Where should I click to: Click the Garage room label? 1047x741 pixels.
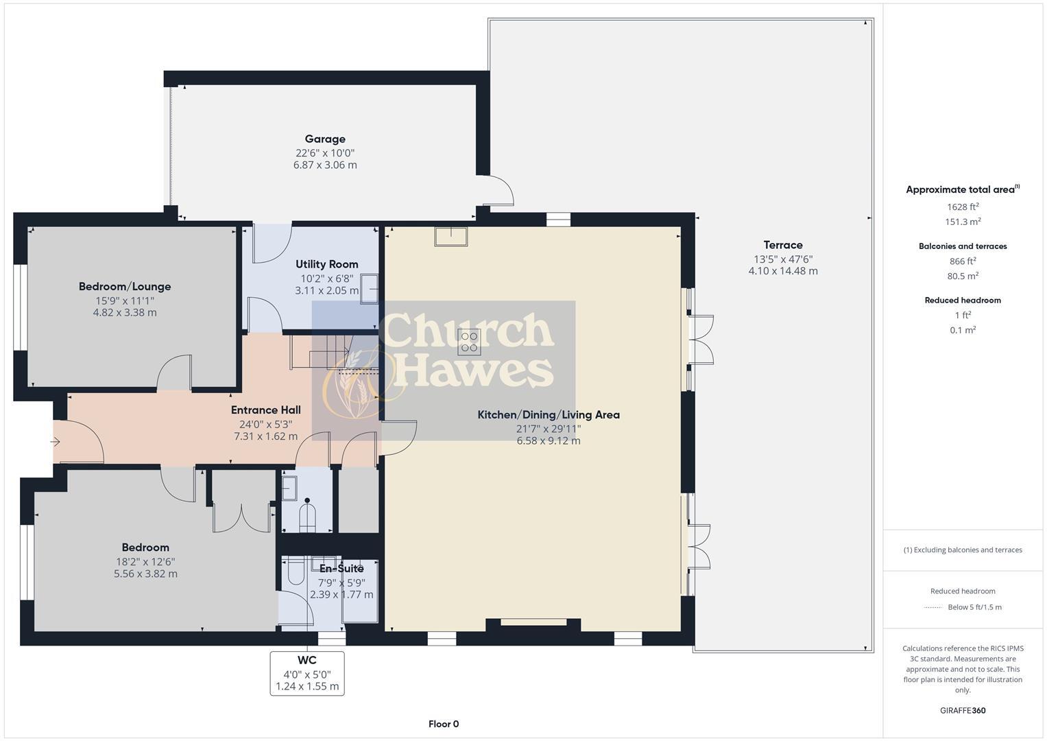coord(325,139)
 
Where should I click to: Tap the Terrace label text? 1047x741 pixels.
coord(783,245)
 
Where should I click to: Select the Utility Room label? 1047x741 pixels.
coord(326,264)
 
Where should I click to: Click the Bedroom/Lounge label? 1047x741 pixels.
coord(125,287)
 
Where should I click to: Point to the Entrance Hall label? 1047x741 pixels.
coord(265,410)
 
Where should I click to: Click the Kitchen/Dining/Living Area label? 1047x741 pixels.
coord(549,414)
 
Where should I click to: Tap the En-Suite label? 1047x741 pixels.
coord(341,569)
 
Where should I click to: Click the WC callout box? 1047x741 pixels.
coord(307,673)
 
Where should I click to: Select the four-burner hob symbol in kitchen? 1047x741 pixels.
coord(470,342)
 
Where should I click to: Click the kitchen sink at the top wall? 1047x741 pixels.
coord(450,236)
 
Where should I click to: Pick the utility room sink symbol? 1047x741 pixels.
coord(370,289)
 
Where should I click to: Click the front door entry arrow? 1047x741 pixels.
coord(56,442)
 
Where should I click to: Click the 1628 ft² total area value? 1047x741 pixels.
coord(963,207)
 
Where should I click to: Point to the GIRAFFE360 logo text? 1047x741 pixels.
coord(963,710)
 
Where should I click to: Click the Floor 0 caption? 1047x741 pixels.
coord(444,724)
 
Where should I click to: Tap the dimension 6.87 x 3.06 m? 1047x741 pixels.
coord(325,165)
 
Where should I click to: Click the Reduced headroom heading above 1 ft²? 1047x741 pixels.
coord(963,300)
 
